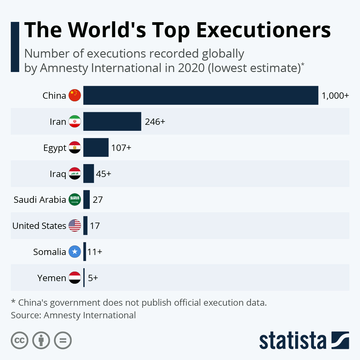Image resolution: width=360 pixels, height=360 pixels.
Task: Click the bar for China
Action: [200, 95]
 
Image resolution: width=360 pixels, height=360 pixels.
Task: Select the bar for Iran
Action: [112, 121]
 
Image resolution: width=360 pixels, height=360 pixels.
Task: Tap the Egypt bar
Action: [96, 148]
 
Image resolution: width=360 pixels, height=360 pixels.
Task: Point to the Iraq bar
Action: [88, 174]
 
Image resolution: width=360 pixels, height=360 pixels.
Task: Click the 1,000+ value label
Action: [335, 96]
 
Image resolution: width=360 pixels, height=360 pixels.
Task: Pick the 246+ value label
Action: [155, 122]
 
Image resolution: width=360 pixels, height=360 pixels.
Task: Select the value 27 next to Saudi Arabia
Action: [97, 200]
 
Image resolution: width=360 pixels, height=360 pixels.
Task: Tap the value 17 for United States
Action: [95, 226]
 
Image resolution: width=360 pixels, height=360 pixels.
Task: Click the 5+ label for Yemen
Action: [93, 278]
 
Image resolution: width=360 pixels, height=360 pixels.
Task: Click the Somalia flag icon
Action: [75, 252]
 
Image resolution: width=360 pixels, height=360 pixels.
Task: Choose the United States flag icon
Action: [75, 226]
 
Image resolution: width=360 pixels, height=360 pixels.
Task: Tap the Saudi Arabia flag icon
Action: [75, 199]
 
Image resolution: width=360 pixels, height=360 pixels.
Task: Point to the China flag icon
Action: [75, 95]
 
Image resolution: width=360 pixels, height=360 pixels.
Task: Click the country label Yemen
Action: [52, 278]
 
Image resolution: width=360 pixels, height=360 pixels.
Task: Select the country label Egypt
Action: [55, 148]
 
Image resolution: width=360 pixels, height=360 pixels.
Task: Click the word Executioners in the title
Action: [263, 30]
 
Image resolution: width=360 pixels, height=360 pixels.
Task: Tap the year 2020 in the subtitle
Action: [191, 68]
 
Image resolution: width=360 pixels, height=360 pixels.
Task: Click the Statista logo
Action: [304, 340]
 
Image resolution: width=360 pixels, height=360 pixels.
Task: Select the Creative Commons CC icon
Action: [19, 340]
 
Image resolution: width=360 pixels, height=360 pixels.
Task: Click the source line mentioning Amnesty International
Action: [73, 315]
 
